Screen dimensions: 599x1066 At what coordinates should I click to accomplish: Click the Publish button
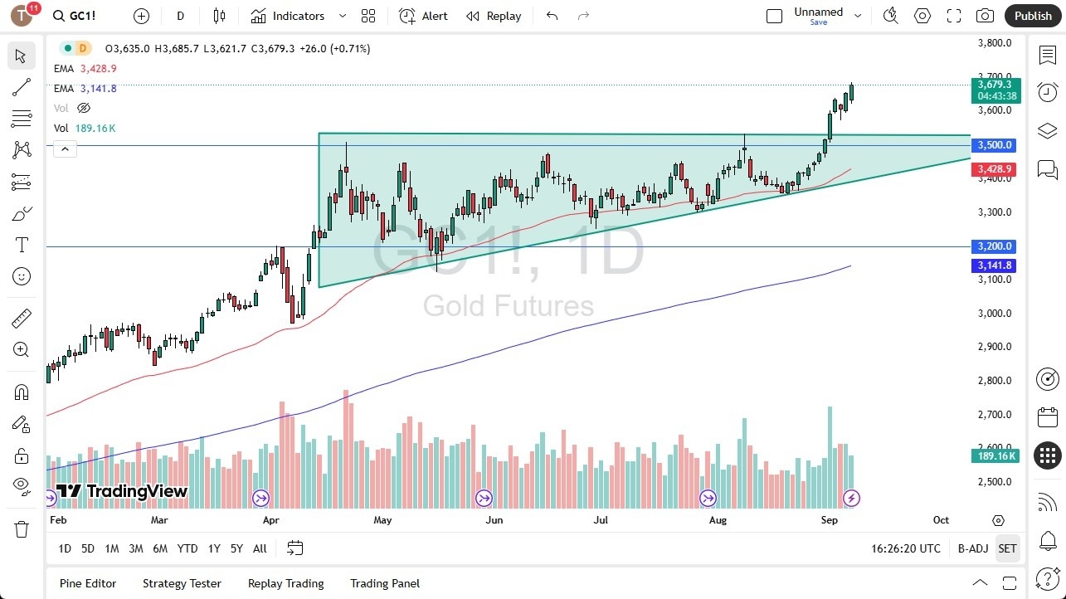point(1033,16)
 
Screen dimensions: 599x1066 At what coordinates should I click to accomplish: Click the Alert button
point(423,16)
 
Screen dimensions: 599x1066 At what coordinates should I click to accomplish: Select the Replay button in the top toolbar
point(494,16)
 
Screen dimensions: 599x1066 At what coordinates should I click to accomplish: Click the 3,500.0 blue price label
point(995,145)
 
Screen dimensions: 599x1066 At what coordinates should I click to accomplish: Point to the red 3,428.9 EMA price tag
point(995,169)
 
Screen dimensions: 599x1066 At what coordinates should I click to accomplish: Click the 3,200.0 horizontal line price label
point(995,246)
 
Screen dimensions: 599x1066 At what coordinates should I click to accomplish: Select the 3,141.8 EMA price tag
point(995,265)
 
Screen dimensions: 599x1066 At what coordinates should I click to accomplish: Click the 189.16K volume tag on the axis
point(995,456)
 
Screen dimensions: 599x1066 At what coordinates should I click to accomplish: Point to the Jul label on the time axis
point(601,520)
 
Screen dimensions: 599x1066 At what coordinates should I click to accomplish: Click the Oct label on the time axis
point(941,520)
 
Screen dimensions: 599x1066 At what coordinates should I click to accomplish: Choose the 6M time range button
point(160,548)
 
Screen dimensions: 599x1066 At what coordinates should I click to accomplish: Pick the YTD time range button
point(187,548)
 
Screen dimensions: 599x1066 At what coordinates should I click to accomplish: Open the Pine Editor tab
point(88,583)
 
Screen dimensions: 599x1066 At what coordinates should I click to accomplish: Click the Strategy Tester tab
point(182,583)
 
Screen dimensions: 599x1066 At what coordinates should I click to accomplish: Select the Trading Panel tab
point(385,583)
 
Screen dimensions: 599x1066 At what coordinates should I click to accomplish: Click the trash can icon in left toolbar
point(22,528)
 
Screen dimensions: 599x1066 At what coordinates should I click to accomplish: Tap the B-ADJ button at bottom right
point(972,548)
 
